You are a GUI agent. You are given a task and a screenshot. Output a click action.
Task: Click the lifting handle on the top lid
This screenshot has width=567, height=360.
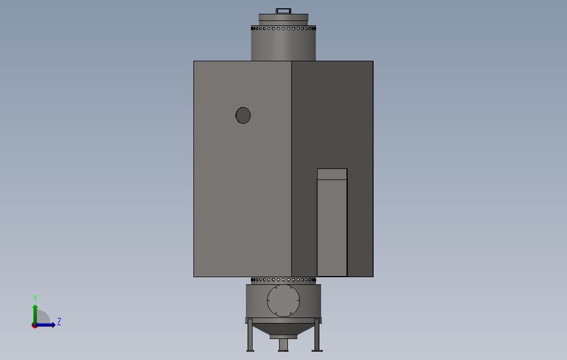click(283, 10)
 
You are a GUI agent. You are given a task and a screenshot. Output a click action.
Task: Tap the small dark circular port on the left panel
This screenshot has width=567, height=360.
click(243, 115)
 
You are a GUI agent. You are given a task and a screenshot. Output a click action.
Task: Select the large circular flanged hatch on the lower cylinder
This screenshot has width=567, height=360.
click(283, 301)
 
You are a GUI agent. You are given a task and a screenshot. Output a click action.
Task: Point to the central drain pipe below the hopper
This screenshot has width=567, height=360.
click(283, 345)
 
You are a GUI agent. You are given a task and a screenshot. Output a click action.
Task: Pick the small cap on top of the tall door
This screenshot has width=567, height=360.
click(332, 174)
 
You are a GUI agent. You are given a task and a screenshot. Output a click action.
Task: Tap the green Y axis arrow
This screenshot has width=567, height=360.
click(35, 313)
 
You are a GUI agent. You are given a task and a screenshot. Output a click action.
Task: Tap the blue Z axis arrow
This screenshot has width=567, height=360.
click(46, 325)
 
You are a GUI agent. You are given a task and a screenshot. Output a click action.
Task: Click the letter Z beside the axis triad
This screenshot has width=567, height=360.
click(59, 322)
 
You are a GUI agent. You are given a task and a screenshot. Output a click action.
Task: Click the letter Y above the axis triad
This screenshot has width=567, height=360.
click(35, 299)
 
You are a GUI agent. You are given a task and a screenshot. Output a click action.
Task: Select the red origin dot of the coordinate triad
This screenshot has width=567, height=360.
click(35, 325)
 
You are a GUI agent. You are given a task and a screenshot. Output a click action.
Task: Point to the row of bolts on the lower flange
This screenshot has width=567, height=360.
click(283, 280)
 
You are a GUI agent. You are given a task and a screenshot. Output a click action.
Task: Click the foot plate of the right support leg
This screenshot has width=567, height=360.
click(317, 350)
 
